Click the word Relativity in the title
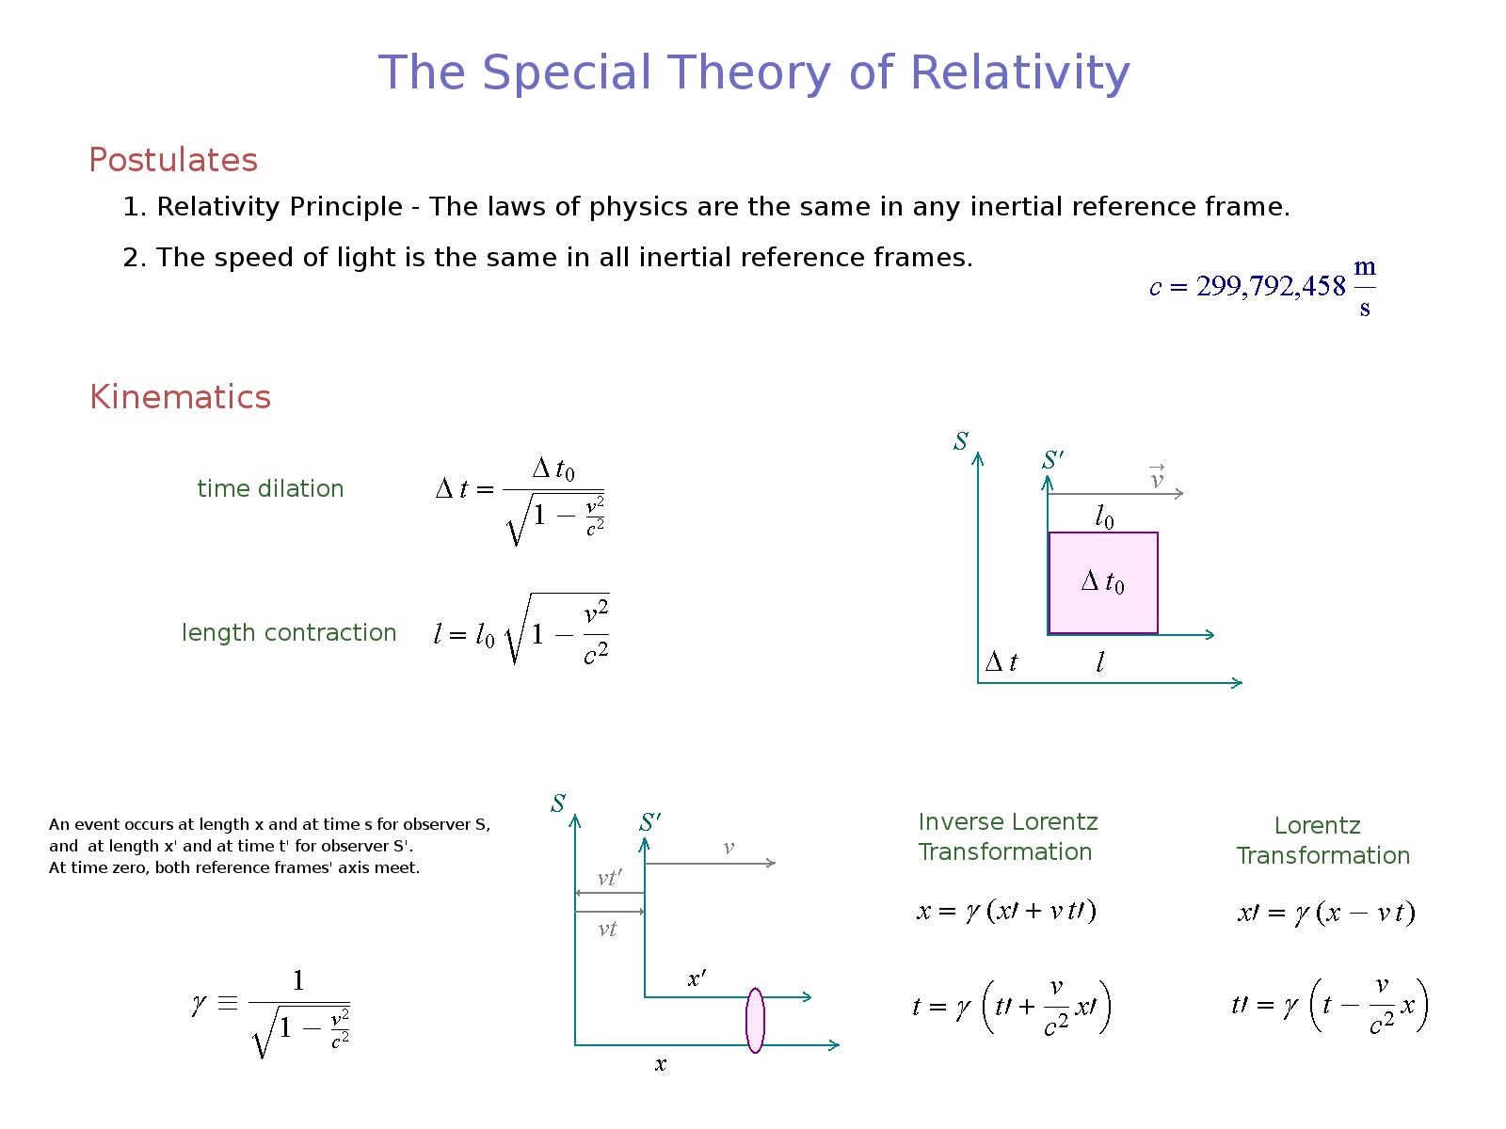(1019, 72)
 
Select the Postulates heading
(173, 160)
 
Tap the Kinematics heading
(181, 397)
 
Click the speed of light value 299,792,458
(1271, 287)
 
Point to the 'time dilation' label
(270, 488)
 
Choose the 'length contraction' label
(289, 632)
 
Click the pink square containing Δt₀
(1103, 582)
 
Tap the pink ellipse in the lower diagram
(755, 1020)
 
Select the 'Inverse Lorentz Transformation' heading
(1008, 836)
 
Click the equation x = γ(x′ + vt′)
(1006, 911)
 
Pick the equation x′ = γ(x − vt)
(1326, 913)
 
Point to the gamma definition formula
(271, 1012)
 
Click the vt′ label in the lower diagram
(609, 878)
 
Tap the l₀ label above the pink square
(1104, 517)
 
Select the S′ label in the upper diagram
(1052, 459)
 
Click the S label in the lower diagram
(558, 803)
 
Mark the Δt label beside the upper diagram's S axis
(1001, 661)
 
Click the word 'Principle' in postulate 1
(345, 207)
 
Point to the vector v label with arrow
(1157, 476)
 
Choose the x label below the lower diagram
(660, 1065)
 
